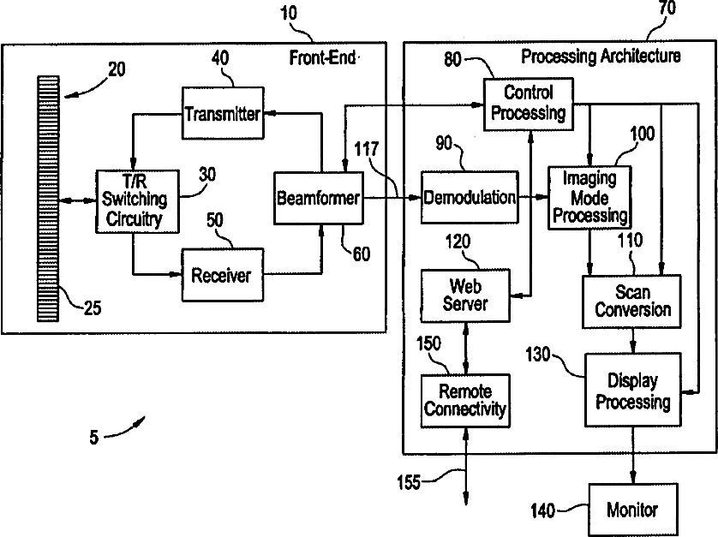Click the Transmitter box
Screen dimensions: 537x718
click(222, 112)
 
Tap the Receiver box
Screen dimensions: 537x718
click(220, 274)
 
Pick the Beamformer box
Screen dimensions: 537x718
click(316, 199)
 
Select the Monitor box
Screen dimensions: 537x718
click(632, 510)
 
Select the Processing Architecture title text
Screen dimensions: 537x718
click(601, 57)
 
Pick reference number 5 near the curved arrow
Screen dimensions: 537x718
click(93, 438)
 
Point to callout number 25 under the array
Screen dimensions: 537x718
click(91, 307)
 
